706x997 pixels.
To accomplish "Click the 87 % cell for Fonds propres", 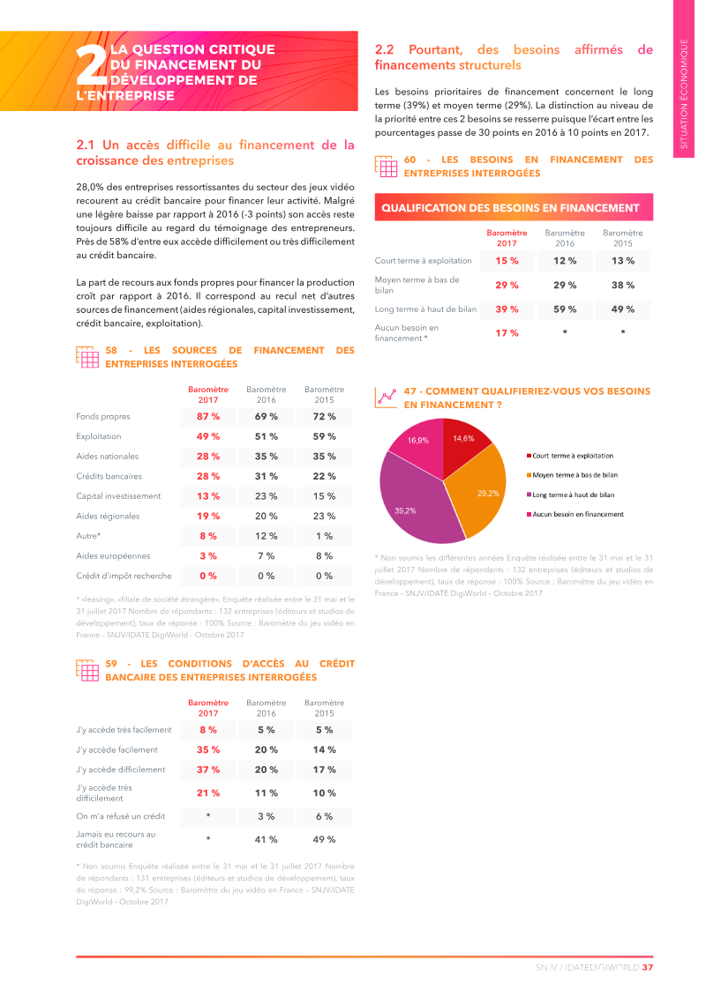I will [x=208, y=416].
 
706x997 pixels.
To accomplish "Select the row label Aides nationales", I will [x=108, y=457].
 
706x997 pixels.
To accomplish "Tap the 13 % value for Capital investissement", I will [x=208, y=496].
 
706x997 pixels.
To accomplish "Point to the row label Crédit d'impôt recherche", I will [x=124, y=577].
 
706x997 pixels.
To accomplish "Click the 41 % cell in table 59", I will [x=267, y=839].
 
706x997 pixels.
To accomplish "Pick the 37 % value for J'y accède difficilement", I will [x=208, y=770].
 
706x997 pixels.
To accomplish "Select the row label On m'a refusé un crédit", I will [x=121, y=816].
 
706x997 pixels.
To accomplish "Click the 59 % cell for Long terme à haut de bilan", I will [x=565, y=309].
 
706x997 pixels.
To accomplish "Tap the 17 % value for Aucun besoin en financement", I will [x=507, y=333].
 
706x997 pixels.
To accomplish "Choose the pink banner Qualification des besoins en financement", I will [x=514, y=208].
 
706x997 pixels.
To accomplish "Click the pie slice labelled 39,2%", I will [x=415, y=502].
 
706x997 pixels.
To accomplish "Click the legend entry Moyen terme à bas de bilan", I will [x=575, y=475].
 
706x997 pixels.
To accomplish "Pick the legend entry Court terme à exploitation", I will [x=573, y=456].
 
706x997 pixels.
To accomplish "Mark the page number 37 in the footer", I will [x=648, y=968].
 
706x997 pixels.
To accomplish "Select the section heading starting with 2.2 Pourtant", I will [x=514, y=57].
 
